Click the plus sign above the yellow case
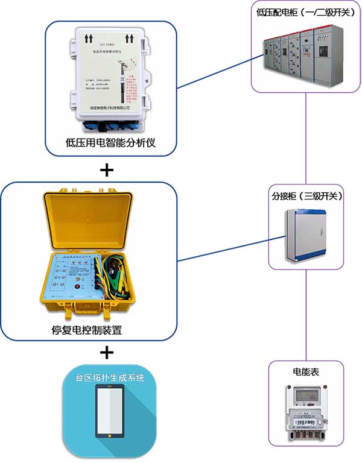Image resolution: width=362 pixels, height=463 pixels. point(106,170)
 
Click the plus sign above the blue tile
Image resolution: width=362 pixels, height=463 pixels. point(106,351)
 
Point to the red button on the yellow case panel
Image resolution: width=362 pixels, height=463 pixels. point(77,286)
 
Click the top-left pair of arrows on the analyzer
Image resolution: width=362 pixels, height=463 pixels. point(88,37)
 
